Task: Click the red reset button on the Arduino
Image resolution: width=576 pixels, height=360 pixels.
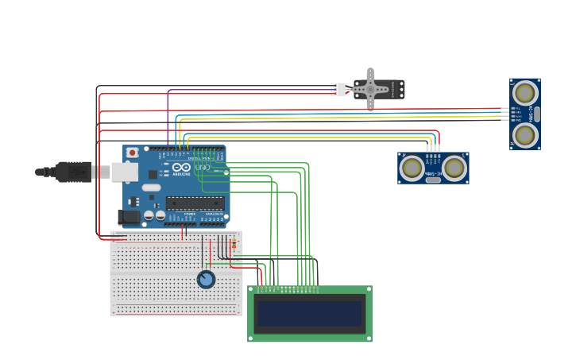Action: [x=132, y=152]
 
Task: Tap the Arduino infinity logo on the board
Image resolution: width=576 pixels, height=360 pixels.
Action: [x=182, y=168]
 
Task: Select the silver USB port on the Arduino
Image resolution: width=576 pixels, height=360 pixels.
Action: [x=124, y=172]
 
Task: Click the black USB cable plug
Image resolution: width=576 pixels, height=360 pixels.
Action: [x=73, y=172]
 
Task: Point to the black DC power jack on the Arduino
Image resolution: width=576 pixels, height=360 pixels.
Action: [x=128, y=216]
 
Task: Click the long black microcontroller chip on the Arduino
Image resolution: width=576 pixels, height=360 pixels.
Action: [x=194, y=203]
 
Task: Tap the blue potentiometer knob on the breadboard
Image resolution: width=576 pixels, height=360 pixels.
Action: [x=206, y=279]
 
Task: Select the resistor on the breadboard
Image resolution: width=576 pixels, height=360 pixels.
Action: [x=233, y=246]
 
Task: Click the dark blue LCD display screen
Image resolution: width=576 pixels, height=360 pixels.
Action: [x=309, y=314]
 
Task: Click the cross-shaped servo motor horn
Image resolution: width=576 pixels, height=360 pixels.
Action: [x=370, y=90]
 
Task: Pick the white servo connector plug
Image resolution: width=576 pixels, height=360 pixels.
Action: [x=339, y=90]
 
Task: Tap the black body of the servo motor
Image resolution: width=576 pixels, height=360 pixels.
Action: [x=393, y=90]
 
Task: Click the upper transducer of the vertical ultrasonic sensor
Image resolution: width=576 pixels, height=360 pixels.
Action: [x=524, y=94]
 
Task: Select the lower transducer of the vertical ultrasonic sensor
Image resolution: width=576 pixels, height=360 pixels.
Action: [x=524, y=135]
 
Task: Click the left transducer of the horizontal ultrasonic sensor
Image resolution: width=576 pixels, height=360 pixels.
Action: [x=412, y=168]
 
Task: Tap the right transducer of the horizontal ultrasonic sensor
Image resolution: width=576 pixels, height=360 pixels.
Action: [x=454, y=168]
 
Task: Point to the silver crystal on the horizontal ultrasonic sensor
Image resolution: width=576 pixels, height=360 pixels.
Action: [x=433, y=180]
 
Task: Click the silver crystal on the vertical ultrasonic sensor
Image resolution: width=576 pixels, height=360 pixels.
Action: [x=537, y=114]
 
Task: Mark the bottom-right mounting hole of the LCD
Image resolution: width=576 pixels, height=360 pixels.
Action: [x=368, y=339]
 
